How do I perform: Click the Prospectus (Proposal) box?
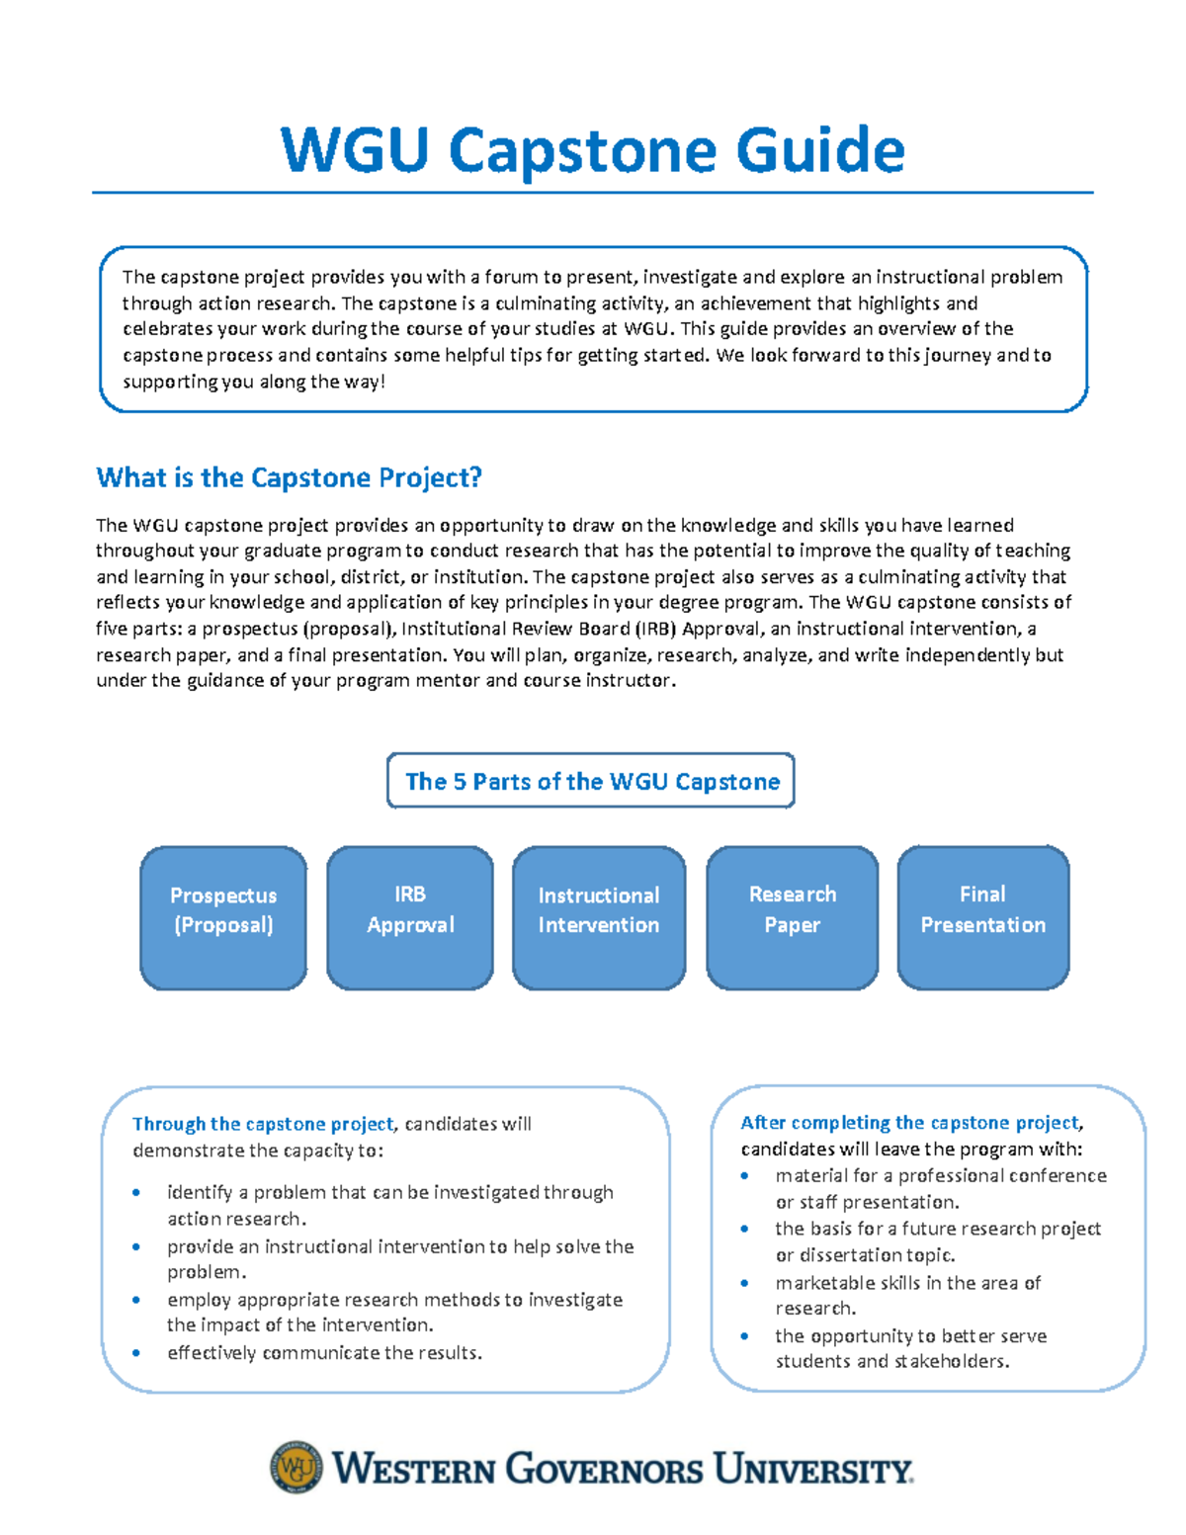point(223,917)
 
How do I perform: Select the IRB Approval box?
point(410,917)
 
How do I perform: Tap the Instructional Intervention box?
point(599,917)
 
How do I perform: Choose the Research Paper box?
point(793,917)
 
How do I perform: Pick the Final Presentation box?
point(983,917)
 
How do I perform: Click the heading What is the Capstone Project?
point(289,478)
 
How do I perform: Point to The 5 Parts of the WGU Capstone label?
point(591,782)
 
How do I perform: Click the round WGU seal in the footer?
point(296,1467)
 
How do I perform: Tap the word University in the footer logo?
point(812,1470)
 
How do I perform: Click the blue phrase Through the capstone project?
point(263,1124)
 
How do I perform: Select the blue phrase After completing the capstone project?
point(910,1123)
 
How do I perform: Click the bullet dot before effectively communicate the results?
point(136,1353)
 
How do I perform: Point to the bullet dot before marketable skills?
point(744,1283)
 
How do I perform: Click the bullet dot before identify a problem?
point(136,1193)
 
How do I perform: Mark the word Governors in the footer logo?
point(605,1470)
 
